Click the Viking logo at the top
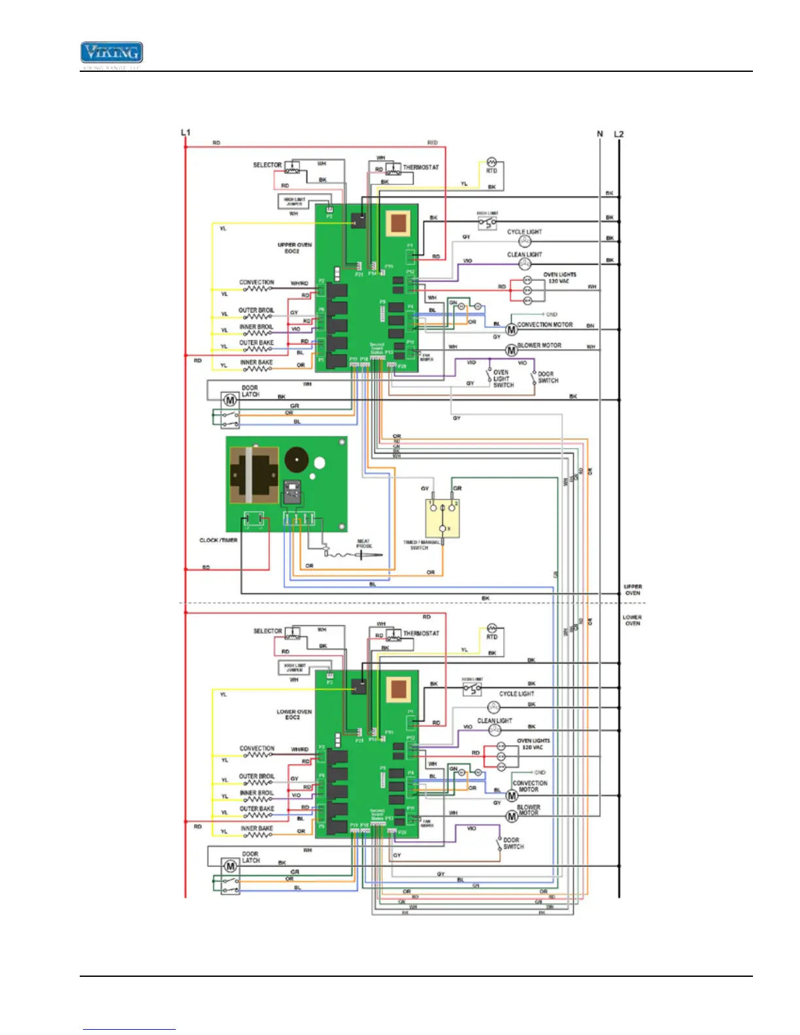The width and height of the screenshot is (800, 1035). [112, 53]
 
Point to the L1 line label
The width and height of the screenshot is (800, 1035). [186, 133]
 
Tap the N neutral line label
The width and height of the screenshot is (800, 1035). [600, 134]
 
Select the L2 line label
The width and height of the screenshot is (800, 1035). [619, 134]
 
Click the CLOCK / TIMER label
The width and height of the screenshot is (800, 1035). [218, 540]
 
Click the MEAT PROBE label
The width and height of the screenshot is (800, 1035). [364, 544]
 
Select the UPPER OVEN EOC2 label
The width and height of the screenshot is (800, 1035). [295, 248]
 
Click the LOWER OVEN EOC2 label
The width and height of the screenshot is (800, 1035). [294, 714]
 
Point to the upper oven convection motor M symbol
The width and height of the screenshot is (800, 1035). [511, 330]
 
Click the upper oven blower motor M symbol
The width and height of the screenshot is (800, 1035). [511, 351]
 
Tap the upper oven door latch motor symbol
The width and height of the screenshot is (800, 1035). [229, 399]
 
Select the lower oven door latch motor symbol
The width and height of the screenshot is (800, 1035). [230, 866]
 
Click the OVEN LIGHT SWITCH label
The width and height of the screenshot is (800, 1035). [503, 379]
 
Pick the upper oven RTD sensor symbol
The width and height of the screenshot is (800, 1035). [492, 162]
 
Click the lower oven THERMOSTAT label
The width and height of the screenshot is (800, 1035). [421, 634]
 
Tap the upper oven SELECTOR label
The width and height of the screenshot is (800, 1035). [267, 165]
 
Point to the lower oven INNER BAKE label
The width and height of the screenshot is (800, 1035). [257, 829]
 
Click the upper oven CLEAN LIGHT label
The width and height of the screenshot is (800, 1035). [524, 255]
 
